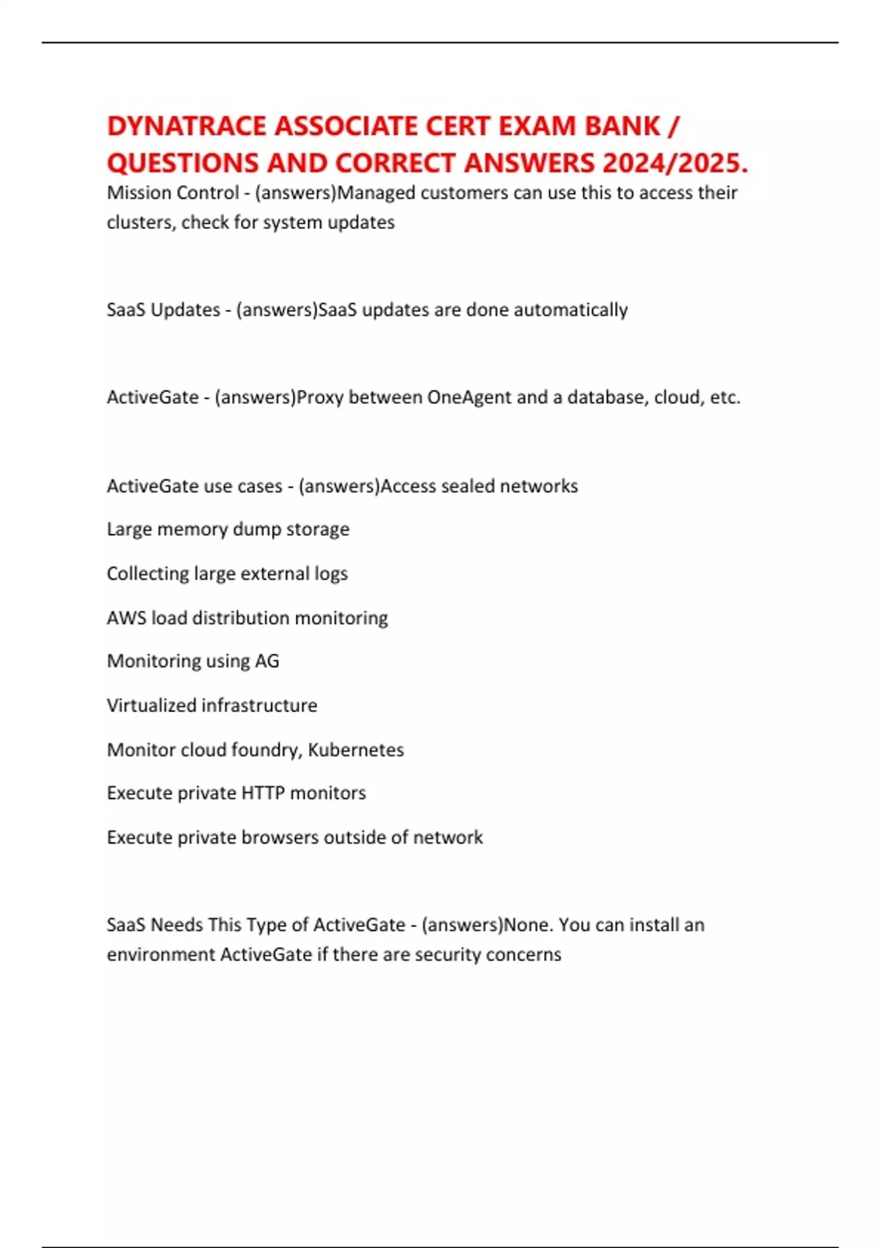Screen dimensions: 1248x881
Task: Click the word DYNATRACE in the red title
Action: click(186, 126)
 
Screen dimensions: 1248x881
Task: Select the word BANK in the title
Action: click(623, 126)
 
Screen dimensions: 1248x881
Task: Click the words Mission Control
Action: click(173, 193)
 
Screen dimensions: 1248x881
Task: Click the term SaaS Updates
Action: click(163, 310)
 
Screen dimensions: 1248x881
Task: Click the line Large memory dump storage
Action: click(228, 529)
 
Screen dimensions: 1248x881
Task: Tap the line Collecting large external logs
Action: click(227, 573)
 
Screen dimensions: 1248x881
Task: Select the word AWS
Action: click(126, 618)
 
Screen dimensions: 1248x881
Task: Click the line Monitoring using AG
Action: click(193, 661)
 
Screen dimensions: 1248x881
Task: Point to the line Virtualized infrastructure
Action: click(211, 705)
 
